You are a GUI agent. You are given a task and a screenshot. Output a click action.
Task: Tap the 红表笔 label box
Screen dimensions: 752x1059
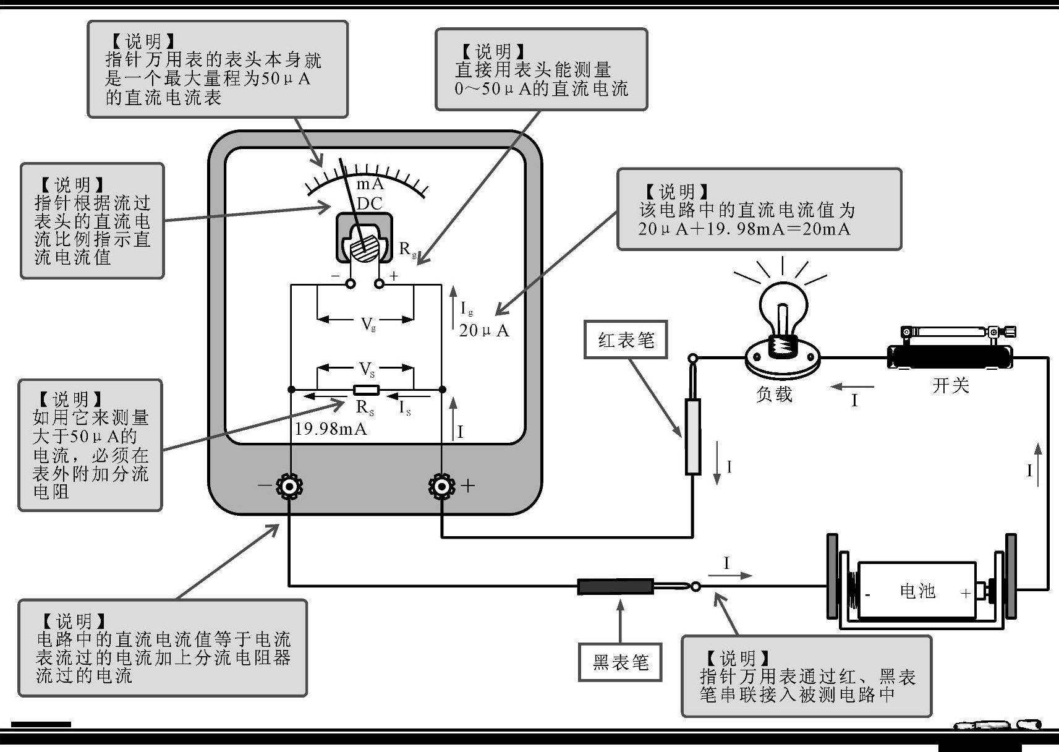click(x=626, y=340)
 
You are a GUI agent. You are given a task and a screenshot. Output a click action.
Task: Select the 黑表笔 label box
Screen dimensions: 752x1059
click(x=620, y=662)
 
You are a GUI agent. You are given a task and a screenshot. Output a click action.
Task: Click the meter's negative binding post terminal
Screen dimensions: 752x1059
click(x=289, y=487)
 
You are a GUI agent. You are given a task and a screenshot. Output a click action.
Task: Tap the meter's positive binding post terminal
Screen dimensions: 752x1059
click(x=442, y=487)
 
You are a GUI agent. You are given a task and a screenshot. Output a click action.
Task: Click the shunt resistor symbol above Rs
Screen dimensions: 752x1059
click(x=365, y=390)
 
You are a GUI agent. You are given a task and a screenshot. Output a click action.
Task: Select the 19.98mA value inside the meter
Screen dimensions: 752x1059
click(x=331, y=429)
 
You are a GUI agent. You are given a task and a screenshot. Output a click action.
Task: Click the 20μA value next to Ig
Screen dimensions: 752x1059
click(x=483, y=331)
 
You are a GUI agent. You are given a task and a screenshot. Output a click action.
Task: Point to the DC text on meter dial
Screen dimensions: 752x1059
click(x=370, y=203)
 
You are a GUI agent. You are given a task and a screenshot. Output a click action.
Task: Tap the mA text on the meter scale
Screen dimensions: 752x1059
click(x=370, y=184)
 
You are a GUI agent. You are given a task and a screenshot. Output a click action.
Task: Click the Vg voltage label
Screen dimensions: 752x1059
click(x=368, y=323)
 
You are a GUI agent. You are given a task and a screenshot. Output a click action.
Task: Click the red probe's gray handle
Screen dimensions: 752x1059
click(x=693, y=437)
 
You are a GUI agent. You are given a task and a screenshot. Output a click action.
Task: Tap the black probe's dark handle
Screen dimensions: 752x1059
click(x=615, y=586)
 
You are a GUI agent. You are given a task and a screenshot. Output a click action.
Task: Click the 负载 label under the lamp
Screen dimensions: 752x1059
click(x=774, y=394)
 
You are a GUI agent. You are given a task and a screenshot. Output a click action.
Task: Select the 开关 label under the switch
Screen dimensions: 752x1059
click(x=950, y=386)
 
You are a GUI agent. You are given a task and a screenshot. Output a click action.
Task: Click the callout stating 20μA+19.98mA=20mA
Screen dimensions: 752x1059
click(x=759, y=209)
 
